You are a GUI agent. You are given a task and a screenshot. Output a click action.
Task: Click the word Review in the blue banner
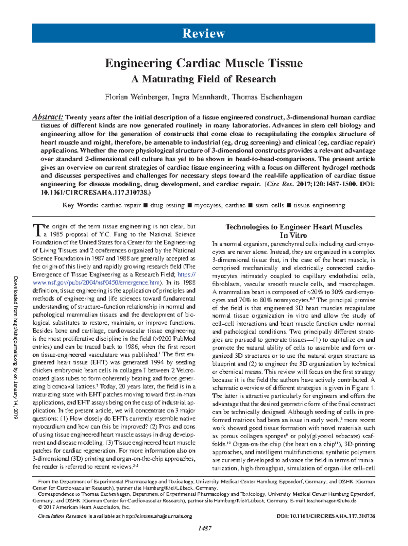pyautogui.click(x=204, y=33)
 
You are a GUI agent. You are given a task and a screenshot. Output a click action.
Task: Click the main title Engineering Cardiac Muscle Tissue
pyautogui.click(x=204, y=63)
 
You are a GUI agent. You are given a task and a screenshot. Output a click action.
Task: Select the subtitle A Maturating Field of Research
pyautogui.click(x=204, y=79)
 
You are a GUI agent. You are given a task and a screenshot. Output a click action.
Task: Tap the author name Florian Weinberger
pyautogui.click(x=136, y=97)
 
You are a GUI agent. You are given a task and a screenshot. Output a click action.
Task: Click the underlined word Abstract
pyautogui.click(x=48, y=117)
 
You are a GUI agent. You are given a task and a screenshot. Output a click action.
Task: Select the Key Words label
pyautogui.click(x=81, y=205)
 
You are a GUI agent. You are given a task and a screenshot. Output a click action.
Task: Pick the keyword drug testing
pyautogui.click(x=167, y=205)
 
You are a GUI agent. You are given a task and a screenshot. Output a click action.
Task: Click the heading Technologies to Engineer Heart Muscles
pyautogui.click(x=293, y=227)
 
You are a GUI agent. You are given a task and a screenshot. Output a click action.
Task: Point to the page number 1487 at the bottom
pyautogui.click(x=205, y=528)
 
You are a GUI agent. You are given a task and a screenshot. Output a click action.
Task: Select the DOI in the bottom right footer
pyautogui.click(x=326, y=516)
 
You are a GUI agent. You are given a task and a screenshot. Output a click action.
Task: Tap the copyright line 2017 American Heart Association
pyautogui.click(x=84, y=507)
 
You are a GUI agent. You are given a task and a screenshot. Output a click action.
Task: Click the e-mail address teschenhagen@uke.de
pyautogui.click(x=331, y=501)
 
